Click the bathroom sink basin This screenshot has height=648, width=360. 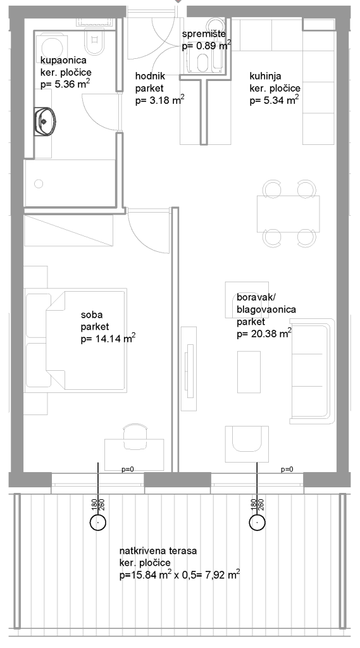click(x=45, y=121)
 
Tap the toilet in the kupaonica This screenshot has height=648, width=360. click(x=94, y=42)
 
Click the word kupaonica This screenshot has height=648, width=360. click(x=64, y=60)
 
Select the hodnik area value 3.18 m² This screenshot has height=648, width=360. click(x=160, y=100)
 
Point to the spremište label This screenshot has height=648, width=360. click(x=204, y=34)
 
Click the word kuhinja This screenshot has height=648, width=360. click(x=265, y=77)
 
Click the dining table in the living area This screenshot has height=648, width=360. click(x=289, y=214)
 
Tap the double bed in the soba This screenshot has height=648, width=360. click(x=85, y=340)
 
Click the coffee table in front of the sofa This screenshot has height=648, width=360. click(x=249, y=372)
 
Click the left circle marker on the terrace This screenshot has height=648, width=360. click(x=98, y=522)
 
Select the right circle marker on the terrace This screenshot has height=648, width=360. click(x=257, y=522)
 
